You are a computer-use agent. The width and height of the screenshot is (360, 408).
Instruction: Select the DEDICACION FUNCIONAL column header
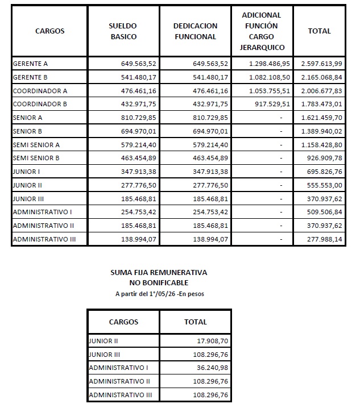point(195,31)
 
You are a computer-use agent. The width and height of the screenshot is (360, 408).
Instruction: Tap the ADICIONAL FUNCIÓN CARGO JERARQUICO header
point(262,31)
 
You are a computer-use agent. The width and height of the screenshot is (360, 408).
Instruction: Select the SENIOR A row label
point(28,118)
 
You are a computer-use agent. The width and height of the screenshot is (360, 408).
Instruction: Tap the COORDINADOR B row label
point(40,104)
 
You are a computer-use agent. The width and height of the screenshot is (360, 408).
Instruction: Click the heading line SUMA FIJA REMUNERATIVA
point(158,273)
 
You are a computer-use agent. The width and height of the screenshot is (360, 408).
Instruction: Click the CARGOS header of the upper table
point(49,31)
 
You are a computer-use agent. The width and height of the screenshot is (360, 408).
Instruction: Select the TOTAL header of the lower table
point(196,322)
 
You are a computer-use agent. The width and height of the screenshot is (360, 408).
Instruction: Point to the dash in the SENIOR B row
point(281,131)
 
